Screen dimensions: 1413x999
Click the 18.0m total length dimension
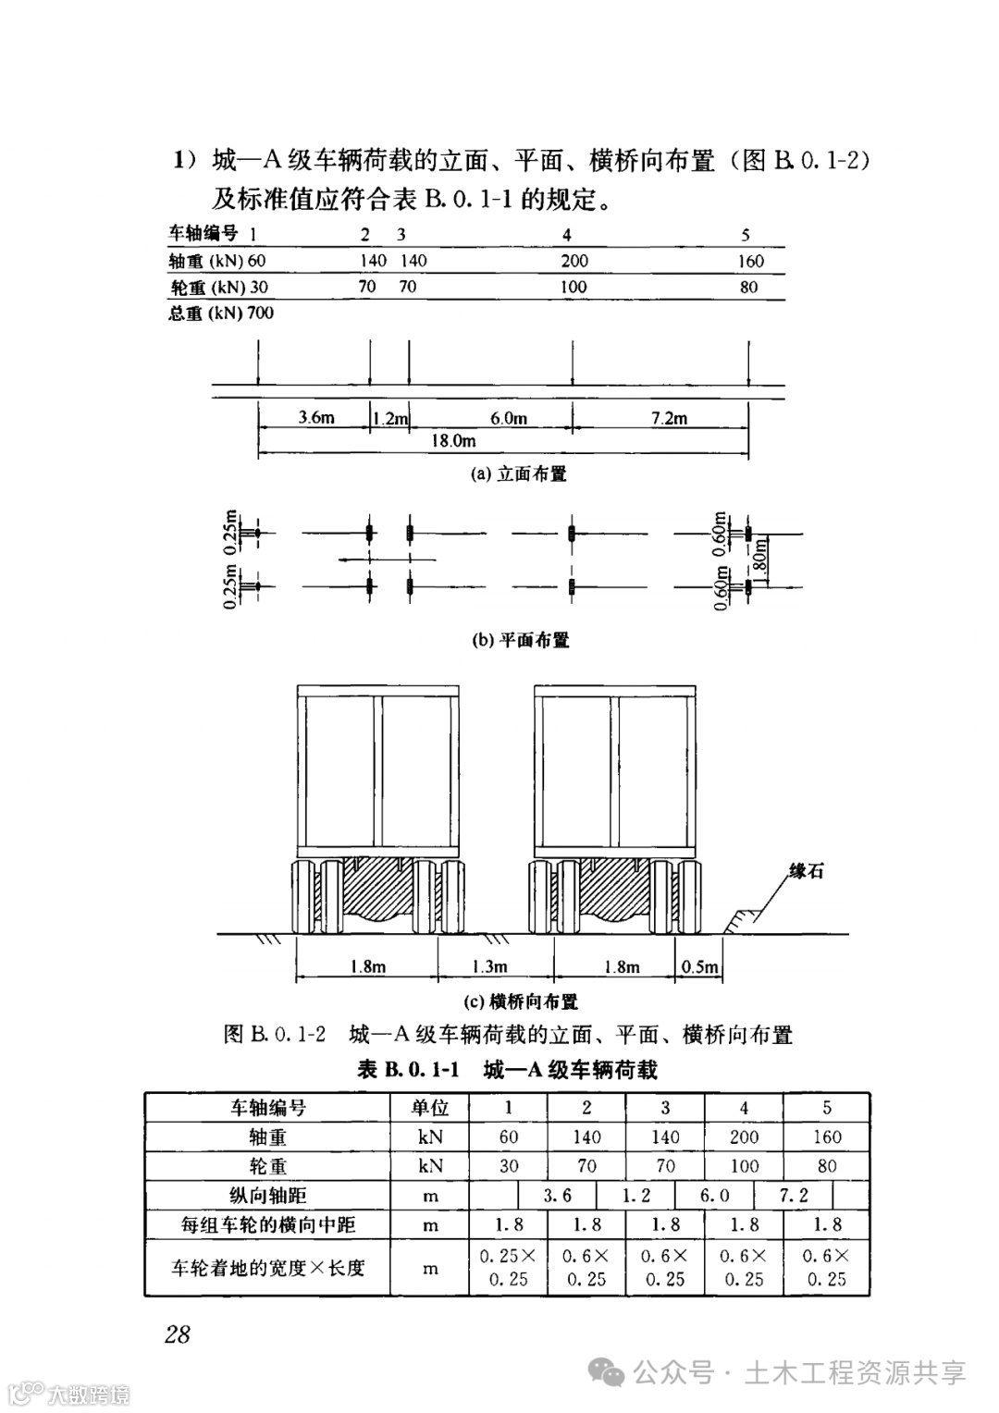453,441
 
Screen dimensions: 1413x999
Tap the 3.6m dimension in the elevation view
315,418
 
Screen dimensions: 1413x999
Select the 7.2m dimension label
669,418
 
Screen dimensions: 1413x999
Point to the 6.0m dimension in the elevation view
508,418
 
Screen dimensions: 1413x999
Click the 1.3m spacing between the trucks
489,966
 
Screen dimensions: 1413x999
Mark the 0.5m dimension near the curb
699,966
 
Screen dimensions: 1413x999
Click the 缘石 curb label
806,871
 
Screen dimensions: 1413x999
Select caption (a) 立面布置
519,474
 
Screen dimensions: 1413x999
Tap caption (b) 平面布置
521,640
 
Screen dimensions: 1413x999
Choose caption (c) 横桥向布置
521,1001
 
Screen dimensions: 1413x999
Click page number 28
177,1333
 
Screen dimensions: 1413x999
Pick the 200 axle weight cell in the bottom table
744,1137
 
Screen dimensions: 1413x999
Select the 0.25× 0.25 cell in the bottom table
508,1268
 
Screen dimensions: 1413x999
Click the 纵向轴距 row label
267,1195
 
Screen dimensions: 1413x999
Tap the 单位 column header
429,1108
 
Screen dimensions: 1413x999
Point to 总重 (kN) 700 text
221,313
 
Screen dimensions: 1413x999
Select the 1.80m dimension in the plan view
760,559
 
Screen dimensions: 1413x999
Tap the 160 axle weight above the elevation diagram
750,261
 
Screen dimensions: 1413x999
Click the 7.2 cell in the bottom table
794,1195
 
